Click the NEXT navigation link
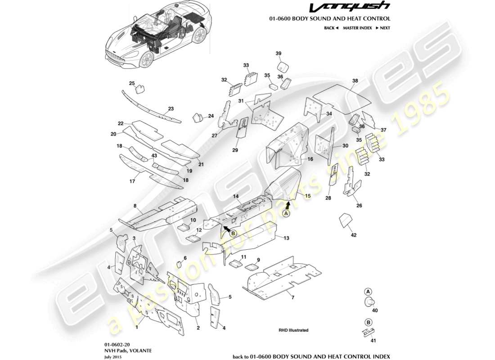382,28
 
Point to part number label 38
355,81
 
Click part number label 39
278,54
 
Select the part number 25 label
132,83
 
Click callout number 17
132,182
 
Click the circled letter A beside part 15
286,214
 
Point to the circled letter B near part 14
234,233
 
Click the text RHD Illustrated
293,330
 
